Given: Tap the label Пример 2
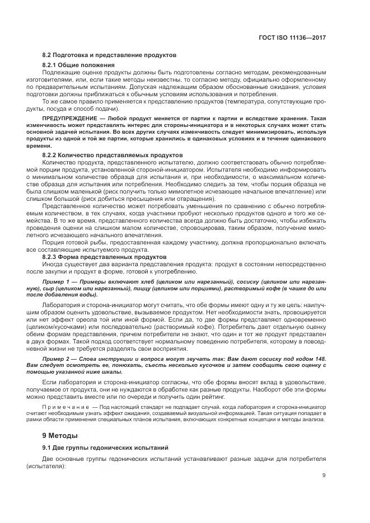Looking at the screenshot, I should [x=56, y=357].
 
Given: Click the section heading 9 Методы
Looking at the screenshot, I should [x=61, y=435].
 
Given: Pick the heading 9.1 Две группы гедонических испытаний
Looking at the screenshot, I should [x=102, y=447].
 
